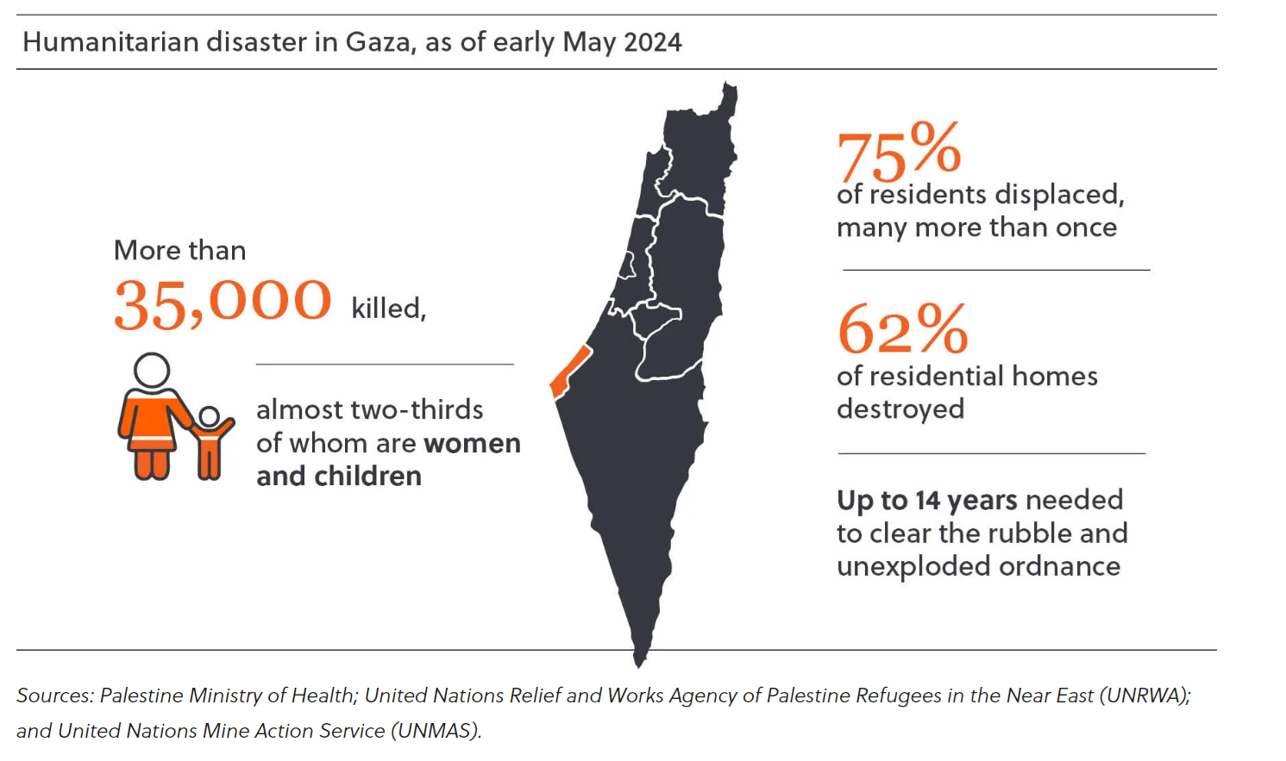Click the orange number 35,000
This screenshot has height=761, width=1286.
click(x=222, y=303)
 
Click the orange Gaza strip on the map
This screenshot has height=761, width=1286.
click(x=570, y=371)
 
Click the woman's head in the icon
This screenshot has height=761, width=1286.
click(x=152, y=370)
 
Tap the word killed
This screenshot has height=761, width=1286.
click(x=388, y=308)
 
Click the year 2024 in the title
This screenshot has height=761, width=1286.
click(x=652, y=42)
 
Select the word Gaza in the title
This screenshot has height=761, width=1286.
click(x=377, y=42)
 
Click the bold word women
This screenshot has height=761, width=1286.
click(x=472, y=443)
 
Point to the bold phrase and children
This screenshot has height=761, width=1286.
click(x=339, y=476)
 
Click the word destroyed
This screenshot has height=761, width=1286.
click(x=900, y=409)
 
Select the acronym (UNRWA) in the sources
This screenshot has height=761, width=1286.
click(x=1145, y=696)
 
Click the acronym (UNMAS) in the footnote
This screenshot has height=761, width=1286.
click(x=436, y=731)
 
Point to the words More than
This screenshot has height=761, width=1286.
click(x=179, y=250)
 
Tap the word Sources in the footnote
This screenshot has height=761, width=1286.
click(x=54, y=696)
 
